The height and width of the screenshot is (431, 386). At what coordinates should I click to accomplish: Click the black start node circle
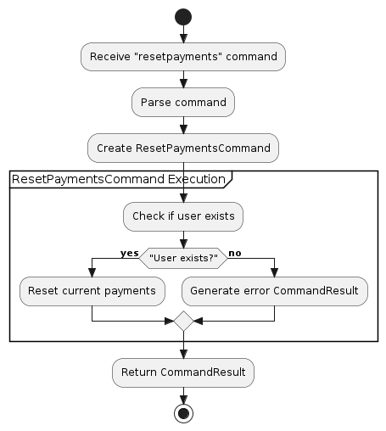pyautogui.click(x=183, y=17)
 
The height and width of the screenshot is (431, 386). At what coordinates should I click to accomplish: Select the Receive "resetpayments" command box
pyautogui.click(x=183, y=57)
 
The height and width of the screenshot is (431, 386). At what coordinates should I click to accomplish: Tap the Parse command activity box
pyautogui.click(x=183, y=102)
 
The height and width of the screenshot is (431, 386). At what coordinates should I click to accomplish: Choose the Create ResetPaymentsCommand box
pyautogui.click(x=183, y=148)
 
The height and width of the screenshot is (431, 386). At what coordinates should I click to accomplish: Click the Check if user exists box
pyautogui.click(x=183, y=215)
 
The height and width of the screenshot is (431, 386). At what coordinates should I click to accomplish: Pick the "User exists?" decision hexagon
pyautogui.click(x=183, y=255)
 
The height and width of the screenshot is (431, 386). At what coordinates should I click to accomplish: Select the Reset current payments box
pyautogui.click(x=92, y=291)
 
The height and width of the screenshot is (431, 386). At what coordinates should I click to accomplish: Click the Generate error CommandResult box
pyautogui.click(x=275, y=291)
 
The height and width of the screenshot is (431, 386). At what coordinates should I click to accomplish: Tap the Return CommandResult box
pyautogui.click(x=183, y=372)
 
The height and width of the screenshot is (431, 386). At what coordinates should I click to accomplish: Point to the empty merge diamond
pyautogui.click(x=183, y=322)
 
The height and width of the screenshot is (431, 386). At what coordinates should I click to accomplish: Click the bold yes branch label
pyautogui.click(x=129, y=253)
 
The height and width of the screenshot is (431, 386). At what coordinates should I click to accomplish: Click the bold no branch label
pyautogui.click(x=235, y=253)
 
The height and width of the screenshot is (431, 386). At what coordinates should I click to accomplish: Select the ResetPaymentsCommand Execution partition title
pyautogui.click(x=119, y=180)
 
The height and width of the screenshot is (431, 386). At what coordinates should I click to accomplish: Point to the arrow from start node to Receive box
pyautogui.click(x=183, y=35)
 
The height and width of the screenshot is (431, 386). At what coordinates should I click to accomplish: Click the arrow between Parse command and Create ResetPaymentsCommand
pyautogui.click(x=183, y=125)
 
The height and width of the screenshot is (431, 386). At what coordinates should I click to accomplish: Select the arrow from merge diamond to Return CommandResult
pyautogui.click(x=183, y=346)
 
